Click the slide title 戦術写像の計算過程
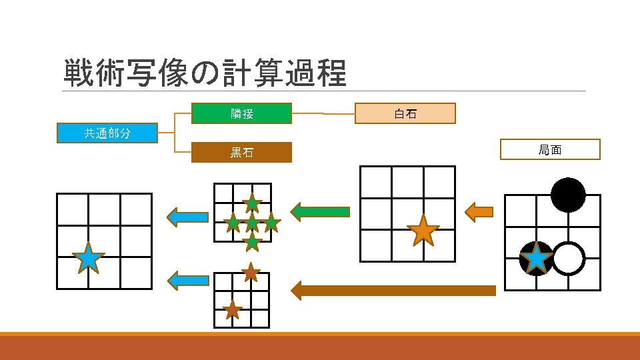(x=205, y=73)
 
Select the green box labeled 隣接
(x=242, y=114)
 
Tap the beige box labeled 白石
(x=405, y=114)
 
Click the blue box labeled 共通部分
(x=107, y=133)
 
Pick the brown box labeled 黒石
(x=242, y=153)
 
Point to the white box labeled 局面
(x=550, y=150)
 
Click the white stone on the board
(x=568, y=259)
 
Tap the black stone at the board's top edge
(x=568, y=195)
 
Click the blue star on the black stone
(x=537, y=259)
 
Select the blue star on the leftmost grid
(x=88, y=257)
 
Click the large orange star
(x=423, y=231)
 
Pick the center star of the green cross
(x=251, y=222)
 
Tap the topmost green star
(x=252, y=203)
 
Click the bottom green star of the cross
(x=251, y=241)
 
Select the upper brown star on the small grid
(x=251, y=271)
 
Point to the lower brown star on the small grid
(x=232, y=309)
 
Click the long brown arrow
(x=393, y=290)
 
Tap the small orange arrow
(x=478, y=213)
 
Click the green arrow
(x=321, y=212)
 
